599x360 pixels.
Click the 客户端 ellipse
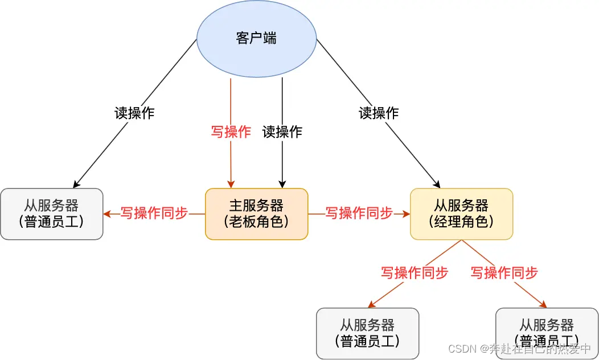point(256,39)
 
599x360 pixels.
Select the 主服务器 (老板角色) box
point(256,214)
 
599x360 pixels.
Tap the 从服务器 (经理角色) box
point(461,214)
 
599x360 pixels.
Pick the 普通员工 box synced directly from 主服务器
point(51,214)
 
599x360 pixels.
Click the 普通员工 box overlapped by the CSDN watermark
point(547,333)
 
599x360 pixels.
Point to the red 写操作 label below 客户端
point(231,132)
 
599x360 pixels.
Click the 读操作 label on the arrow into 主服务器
point(282,132)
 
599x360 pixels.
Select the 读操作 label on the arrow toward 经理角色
point(379,113)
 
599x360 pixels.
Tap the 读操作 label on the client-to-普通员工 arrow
point(134,113)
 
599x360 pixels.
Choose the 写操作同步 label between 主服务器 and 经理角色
point(359,213)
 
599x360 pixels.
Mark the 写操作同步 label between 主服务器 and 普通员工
point(154,213)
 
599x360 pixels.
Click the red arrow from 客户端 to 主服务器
point(231,165)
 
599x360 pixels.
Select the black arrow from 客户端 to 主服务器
point(282,165)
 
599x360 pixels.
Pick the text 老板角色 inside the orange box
point(256,222)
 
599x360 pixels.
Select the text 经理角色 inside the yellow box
point(461,222)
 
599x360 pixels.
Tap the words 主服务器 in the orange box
point(256,205)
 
